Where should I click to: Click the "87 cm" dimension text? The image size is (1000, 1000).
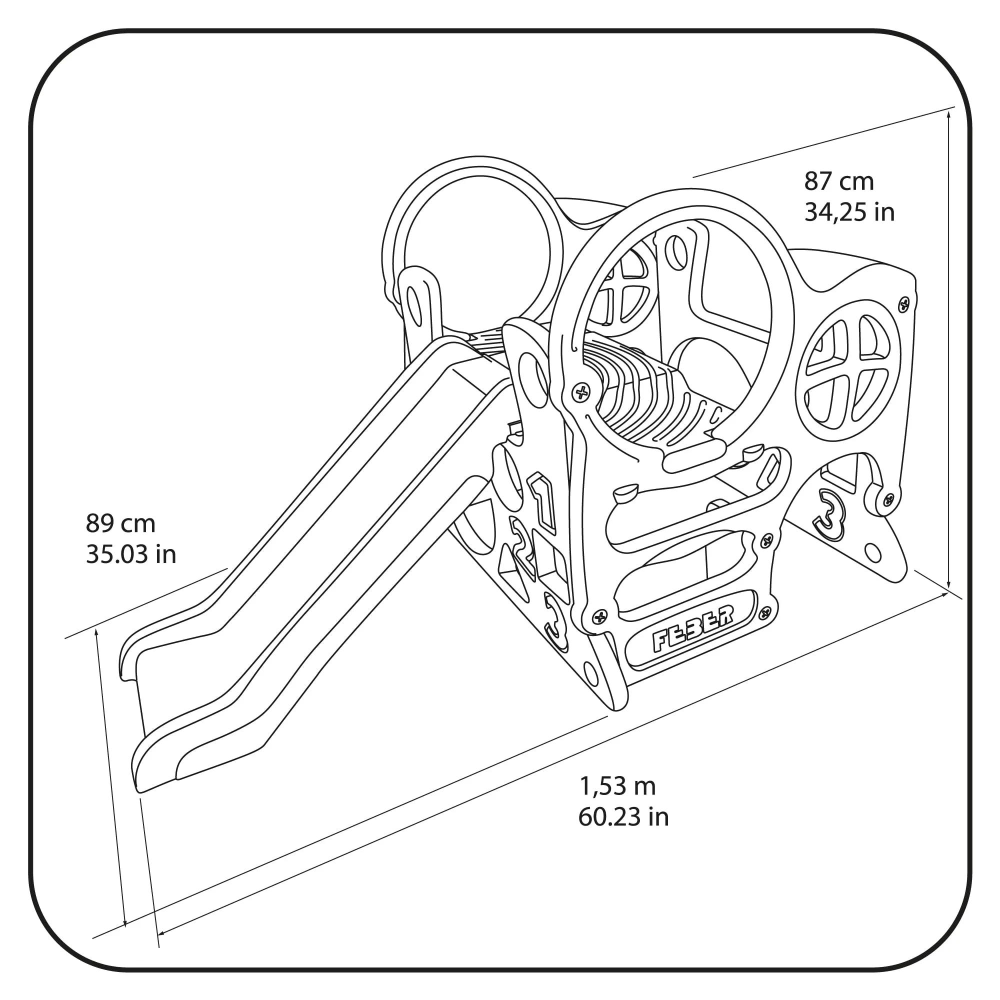click(839, 181)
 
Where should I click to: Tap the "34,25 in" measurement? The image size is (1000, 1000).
click(849, 212)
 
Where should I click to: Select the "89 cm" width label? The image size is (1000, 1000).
click(120, 523)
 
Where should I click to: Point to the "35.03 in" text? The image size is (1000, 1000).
click(131, 554)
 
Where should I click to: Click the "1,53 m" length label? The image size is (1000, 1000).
click(617, 786)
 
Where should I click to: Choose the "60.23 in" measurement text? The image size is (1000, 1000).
click(623, 817)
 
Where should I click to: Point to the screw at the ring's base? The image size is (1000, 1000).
click(581, 392)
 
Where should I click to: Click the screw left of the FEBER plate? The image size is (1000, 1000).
click(600, 616)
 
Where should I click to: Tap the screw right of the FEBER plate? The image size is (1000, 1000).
click(765, 614)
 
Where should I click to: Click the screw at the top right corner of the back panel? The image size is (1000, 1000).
click(903, 304)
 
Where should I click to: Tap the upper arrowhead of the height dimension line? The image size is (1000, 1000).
click(948, 113)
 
